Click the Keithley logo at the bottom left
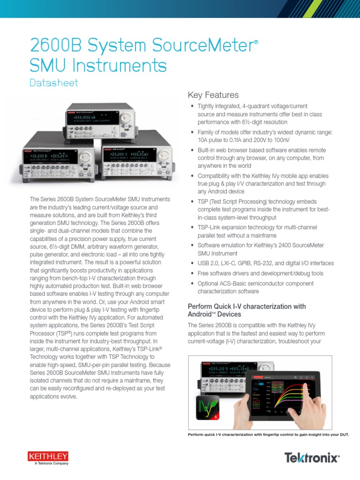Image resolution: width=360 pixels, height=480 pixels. click(48, 457)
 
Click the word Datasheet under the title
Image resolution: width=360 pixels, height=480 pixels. click(53, 83)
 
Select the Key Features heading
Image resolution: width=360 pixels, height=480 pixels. click(213, 95)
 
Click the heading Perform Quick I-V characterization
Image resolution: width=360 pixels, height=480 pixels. click(247, 310)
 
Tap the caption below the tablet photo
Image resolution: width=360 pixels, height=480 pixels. click(268, 435)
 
